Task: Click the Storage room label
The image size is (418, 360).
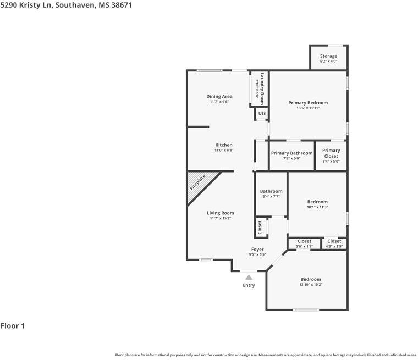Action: point(328,56)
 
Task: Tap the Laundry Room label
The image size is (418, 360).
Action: point(262,88)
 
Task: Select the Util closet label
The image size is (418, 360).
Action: point(262,113)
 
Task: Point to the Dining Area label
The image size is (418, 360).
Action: point(219,96)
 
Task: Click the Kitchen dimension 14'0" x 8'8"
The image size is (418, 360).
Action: point(224,150)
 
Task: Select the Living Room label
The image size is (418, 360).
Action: point(221,213)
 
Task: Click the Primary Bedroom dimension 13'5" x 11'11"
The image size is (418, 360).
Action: point(308,108)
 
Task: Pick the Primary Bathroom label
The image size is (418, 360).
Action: point(292,153)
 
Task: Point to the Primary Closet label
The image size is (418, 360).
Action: point(331,153)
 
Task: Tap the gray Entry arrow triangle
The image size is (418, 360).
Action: point(249,278)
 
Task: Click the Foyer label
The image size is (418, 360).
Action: point(257,250)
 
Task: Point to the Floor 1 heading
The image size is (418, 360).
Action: point(13,326)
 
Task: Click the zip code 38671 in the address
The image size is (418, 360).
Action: point(122,5)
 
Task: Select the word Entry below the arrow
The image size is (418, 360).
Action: point(249,285)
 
